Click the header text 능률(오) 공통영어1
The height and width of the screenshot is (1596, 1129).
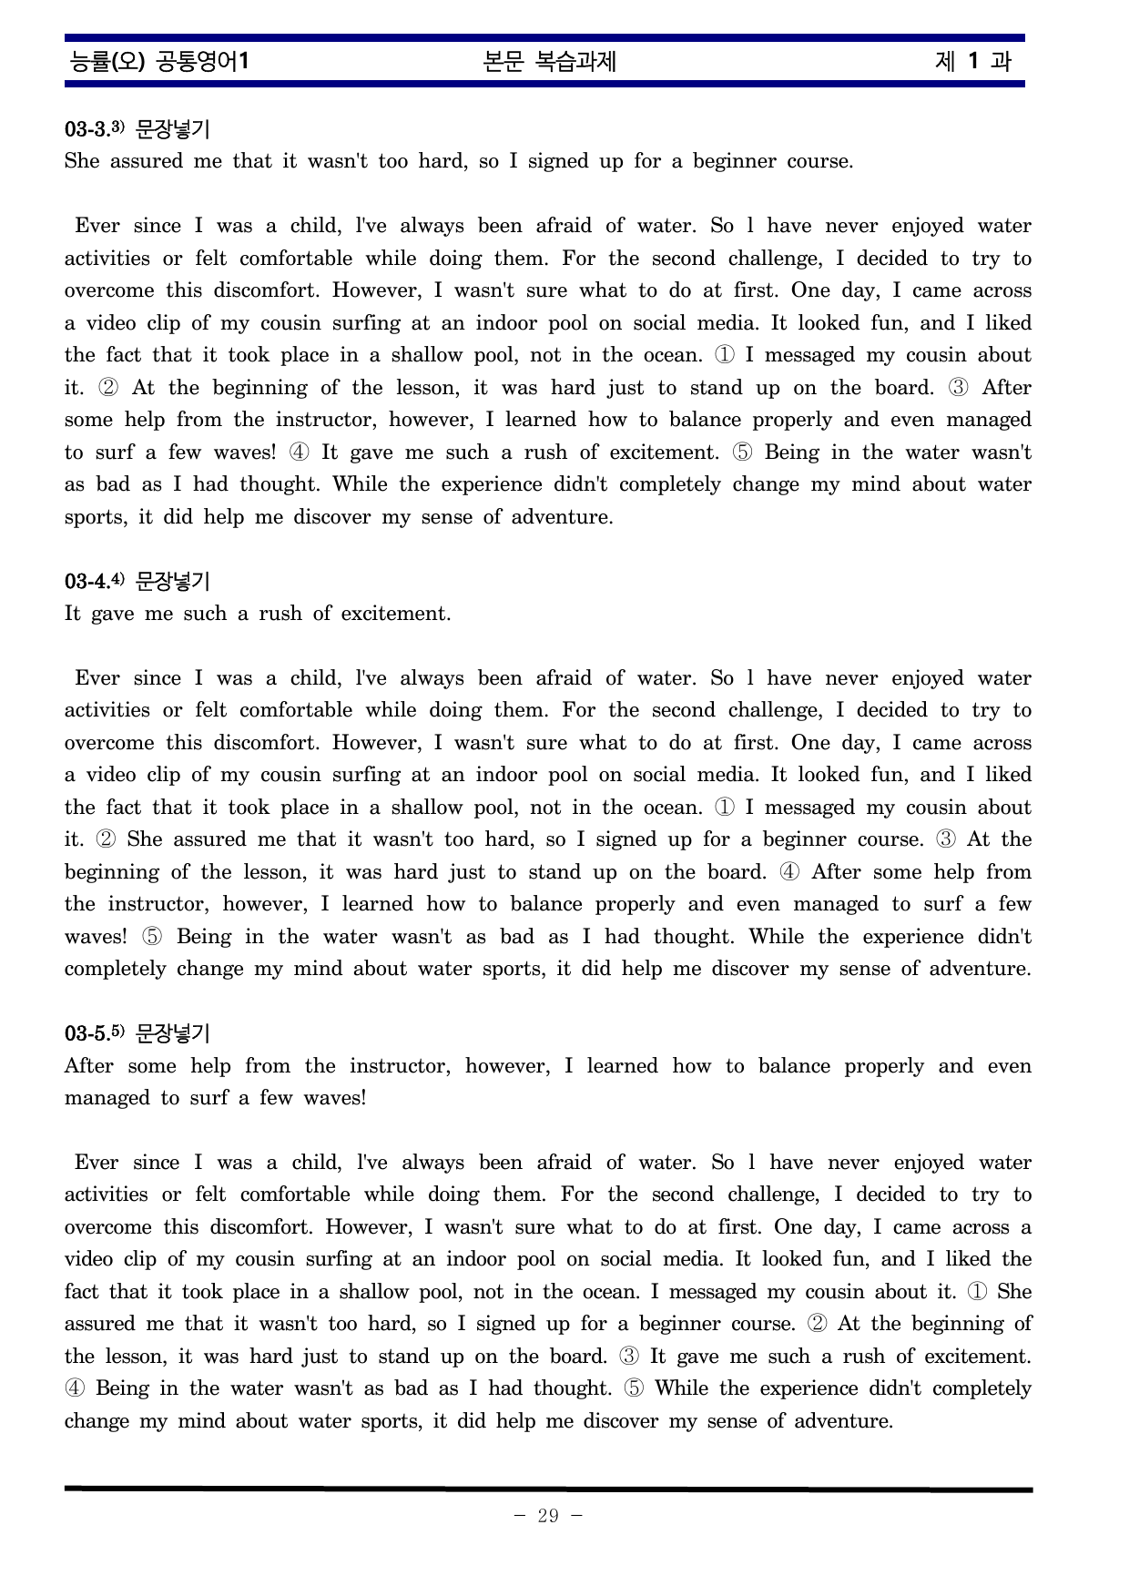point(159,62)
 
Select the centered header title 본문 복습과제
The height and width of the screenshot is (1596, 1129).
point(550,62)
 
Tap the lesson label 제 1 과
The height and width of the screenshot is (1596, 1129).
point(972,62)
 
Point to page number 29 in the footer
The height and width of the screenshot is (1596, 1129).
point(548,1516)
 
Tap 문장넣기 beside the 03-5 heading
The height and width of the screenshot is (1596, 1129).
point(172,1033)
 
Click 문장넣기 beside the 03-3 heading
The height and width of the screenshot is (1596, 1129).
point(172,129)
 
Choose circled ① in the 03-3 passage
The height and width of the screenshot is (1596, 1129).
point(725,355)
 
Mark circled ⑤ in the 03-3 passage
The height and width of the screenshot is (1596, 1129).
point(742,452)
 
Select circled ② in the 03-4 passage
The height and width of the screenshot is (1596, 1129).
point(106,839)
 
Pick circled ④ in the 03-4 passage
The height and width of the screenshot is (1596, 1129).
point(790,872)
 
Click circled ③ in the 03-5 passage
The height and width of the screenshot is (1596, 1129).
point(629,1357)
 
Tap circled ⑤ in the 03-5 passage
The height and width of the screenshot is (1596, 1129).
point(634,1388)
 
